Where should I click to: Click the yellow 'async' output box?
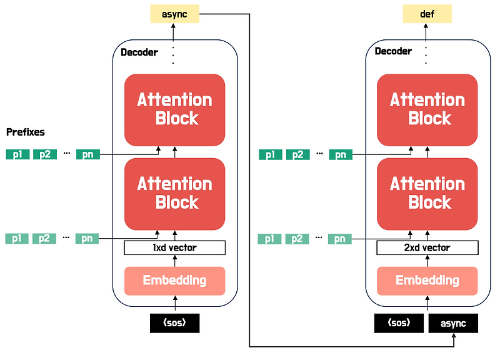[x=174, y=13]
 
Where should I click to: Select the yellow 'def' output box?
[x=427, y=13]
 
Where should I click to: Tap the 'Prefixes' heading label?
[x=26, y=132]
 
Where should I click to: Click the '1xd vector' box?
[x=174, y=247]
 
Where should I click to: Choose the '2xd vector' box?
[x=427, y=247]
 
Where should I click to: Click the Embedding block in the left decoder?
[x=174, y=280]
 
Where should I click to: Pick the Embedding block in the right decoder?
[x=427, y=280]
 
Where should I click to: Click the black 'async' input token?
[x=453, y=323]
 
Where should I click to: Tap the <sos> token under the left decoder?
[x=175, y=323]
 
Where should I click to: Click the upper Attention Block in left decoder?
[x=174, y=109]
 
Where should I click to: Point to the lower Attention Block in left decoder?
[x=174, y=193]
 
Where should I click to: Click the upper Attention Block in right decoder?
[x=427, y=109]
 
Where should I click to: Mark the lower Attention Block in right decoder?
[x=427, y=193]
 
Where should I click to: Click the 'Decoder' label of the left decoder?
[x=139, y=51]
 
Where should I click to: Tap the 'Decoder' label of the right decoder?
[x=393, y=51]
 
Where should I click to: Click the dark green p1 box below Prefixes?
[x=17, y=154]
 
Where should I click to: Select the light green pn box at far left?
[x=87, y=238]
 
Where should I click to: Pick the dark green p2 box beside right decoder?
[x=297, y=154]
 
